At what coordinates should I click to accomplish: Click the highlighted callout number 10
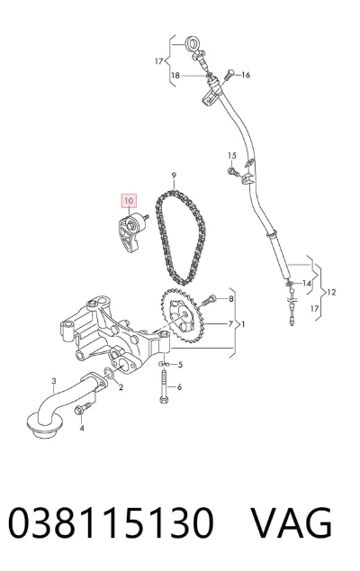point(129,201)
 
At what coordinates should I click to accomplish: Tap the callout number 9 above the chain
point(174,176)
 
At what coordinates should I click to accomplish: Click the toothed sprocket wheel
point(181,315)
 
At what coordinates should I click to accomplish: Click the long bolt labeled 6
point(164,386)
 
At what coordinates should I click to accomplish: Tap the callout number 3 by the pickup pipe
point(54,381)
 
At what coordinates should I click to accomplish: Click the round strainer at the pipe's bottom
point(45,425)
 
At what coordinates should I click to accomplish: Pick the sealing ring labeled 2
point(109,373)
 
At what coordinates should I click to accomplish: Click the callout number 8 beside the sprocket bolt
point(230,299)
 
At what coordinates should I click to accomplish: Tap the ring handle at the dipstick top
point(192,43)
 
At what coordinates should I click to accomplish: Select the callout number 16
point(246,75)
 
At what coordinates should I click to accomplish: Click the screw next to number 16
point(229,75)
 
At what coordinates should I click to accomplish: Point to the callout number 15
point(232,156)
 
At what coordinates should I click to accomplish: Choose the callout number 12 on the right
point(331,292)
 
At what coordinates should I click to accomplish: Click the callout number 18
point(175,76)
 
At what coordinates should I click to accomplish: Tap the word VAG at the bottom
point(291,522)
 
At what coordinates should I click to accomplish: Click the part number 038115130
point(111,522)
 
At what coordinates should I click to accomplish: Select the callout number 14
point(307,284)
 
